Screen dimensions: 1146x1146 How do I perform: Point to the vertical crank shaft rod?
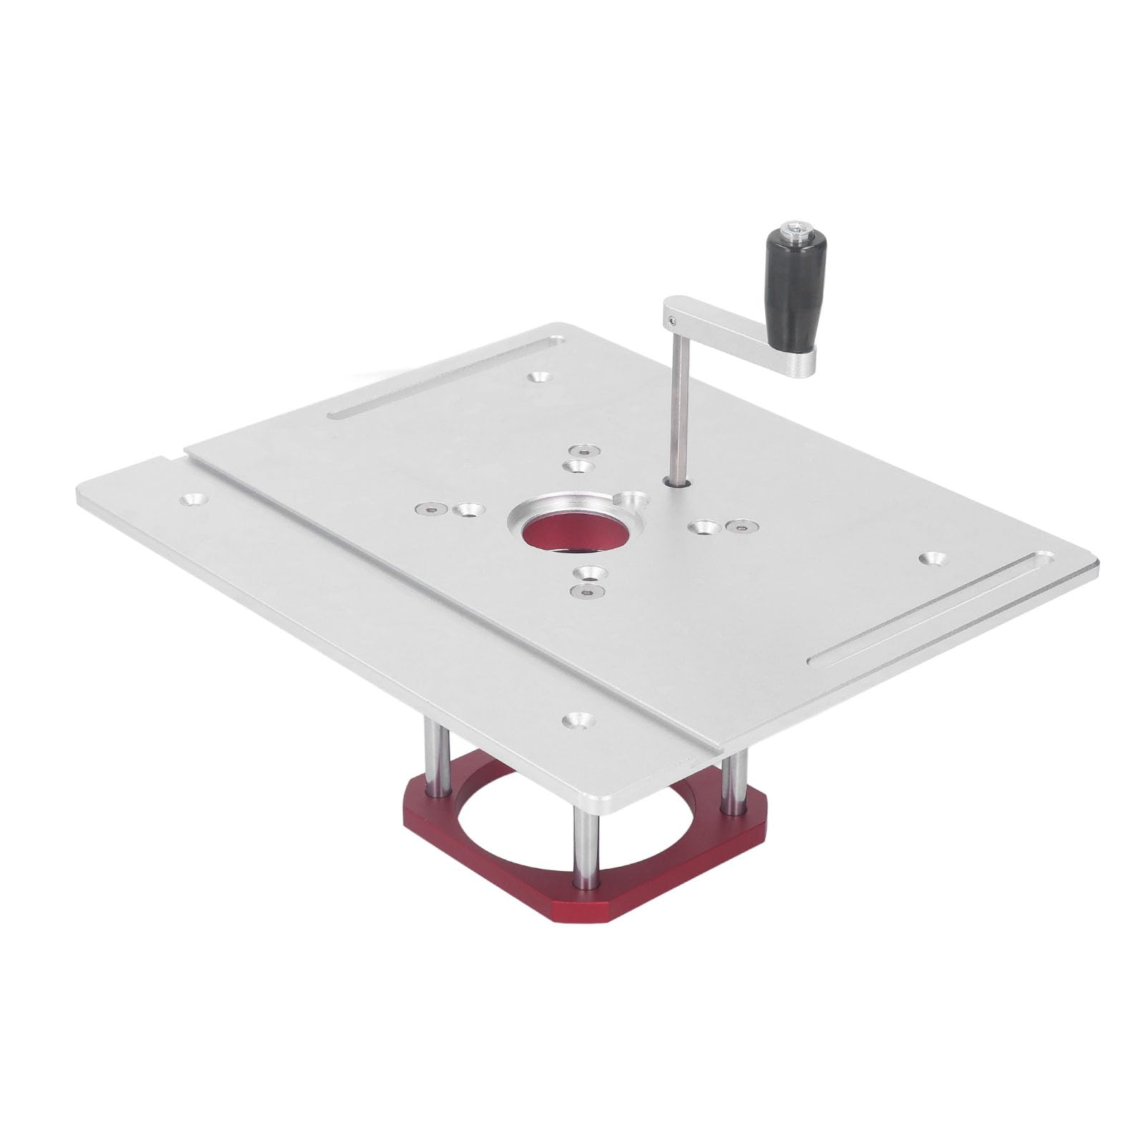click(x=676, y=401)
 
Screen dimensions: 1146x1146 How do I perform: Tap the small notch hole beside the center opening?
click(x=631, y=499)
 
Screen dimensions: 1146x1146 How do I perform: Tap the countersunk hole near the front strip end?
click(x=576, y=719)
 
